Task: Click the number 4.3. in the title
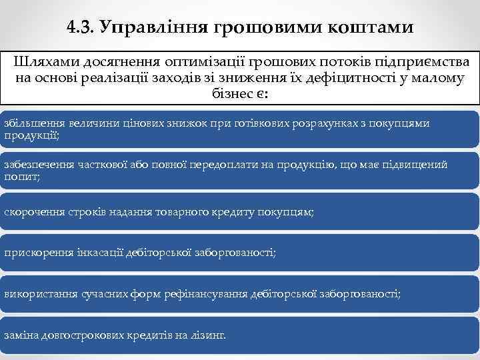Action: click(x=81, y=27)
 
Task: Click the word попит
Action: click(x=21, y=176)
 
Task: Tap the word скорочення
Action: click(x=32, y=211)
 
